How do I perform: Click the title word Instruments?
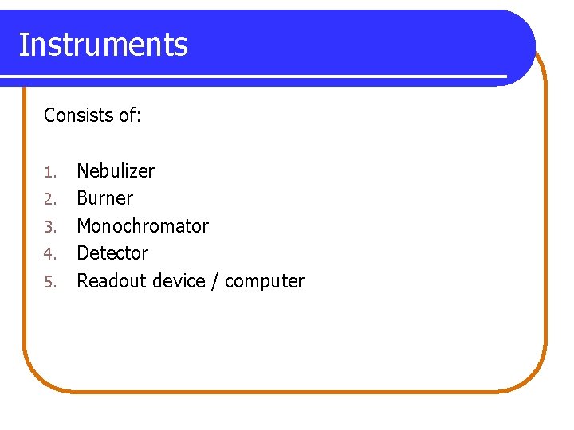(x=103, y=45)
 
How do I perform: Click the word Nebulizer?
(x=116, y=170)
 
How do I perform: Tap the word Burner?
(x=104, y=198)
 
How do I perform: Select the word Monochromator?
(x=143, y=226)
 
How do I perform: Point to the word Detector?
(x=112, y=253)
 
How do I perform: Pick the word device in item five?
(x=180, y=281)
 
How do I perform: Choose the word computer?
(x=265, y=282)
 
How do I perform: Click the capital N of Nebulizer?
(x=83, y=170)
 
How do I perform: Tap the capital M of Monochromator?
(x=84, y=226)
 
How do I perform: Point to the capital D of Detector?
(x=83, y=253)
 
